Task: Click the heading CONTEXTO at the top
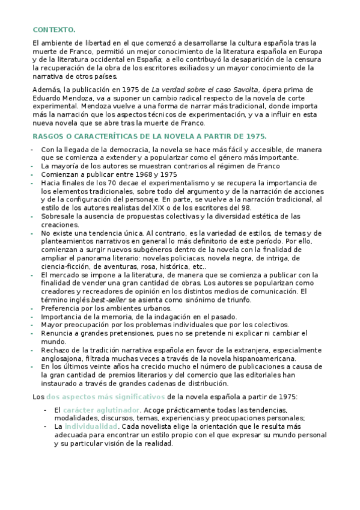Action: (x=53, y=29)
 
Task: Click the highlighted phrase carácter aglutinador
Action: (x=102, y=410)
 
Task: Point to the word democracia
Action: (x=129, y=149)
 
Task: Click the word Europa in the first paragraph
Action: (x=310, y=52)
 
